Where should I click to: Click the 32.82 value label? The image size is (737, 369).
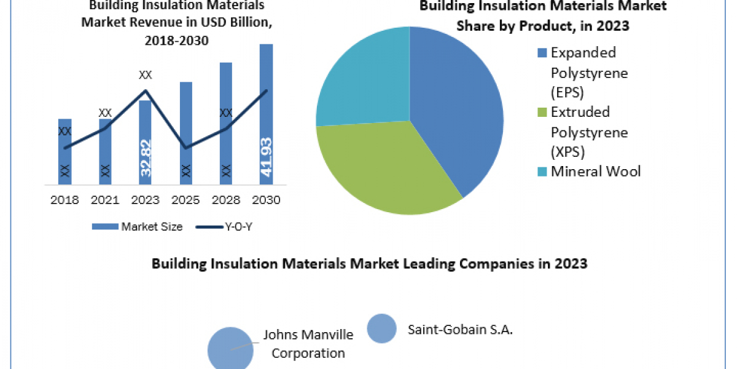(x=146, y=158)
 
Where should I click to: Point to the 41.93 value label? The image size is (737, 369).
(x=266, y=157)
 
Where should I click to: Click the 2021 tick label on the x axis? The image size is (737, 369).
(x=105, y=200)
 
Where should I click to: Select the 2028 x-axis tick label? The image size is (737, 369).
(x=225, y=200)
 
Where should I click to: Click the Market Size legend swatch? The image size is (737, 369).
(x=105, y=227)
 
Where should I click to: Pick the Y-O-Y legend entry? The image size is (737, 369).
(x=225, y=227)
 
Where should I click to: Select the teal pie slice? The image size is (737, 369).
(x=362, y=80)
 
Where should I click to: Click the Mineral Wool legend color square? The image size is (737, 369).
(x=542, y=172)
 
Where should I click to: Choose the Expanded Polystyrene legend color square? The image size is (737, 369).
(x=542, y=53)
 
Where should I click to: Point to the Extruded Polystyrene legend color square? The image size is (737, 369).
(x=542, y=113)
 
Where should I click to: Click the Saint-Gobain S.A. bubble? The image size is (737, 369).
(x=381, y=328)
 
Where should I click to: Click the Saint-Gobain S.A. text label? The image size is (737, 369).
(x=460, y=330)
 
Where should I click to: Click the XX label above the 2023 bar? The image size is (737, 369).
(x=146, y=75)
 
